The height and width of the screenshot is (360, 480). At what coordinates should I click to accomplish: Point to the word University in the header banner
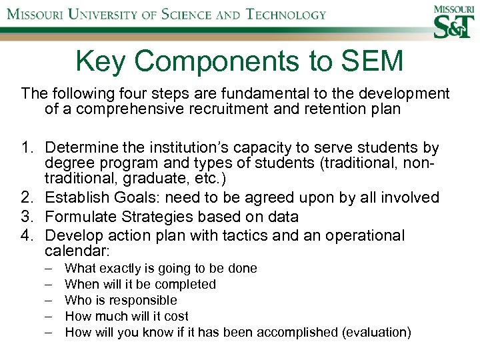(x=114, y=14)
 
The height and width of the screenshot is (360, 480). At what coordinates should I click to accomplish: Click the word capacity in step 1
(x=251, y=147)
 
